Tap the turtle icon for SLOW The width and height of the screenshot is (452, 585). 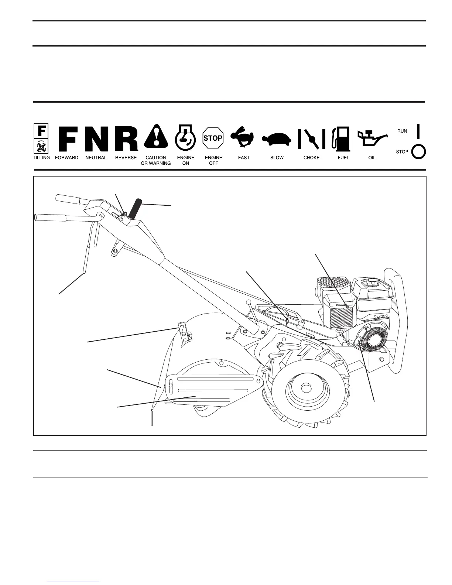tap(277, 139)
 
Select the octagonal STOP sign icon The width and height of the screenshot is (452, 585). tap(213, 138)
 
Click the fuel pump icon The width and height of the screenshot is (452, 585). tap(341, 138)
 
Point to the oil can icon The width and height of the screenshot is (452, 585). tap(371, 139)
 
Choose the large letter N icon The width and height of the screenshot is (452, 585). tap(96, 138)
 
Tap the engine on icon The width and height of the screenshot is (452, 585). tap(185, 137)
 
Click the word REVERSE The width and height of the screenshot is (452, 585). tap(126, 158)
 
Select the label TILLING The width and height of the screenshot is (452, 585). tap(41, 158)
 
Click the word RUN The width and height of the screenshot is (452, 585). tap(402, 131)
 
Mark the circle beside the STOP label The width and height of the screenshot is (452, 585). tap(418, 151)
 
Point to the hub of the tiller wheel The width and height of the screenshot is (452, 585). tap(305, 388)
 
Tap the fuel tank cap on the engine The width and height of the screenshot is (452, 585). tap(370, 283)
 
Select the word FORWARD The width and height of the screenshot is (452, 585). tap(66, 158)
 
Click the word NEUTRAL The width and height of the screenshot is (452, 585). tap(96, 158)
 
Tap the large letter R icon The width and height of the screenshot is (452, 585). tap(126, 138)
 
